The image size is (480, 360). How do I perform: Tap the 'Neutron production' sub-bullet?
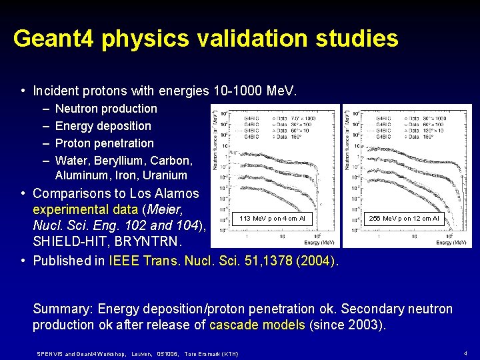pyautogui.click(x=106, y=109)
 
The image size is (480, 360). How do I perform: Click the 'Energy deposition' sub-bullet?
pyautogui.click(x=103, y=126)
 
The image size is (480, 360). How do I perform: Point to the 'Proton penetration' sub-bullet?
pyautogui.click(x=104, y=143)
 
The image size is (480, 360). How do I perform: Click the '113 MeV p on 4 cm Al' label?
pyautogui.click(x=271, y=218)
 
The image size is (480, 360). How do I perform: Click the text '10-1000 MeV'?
pyautogui.click(x=260, y=91)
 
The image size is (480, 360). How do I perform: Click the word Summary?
pyautogui.click(x=61, y=309)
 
